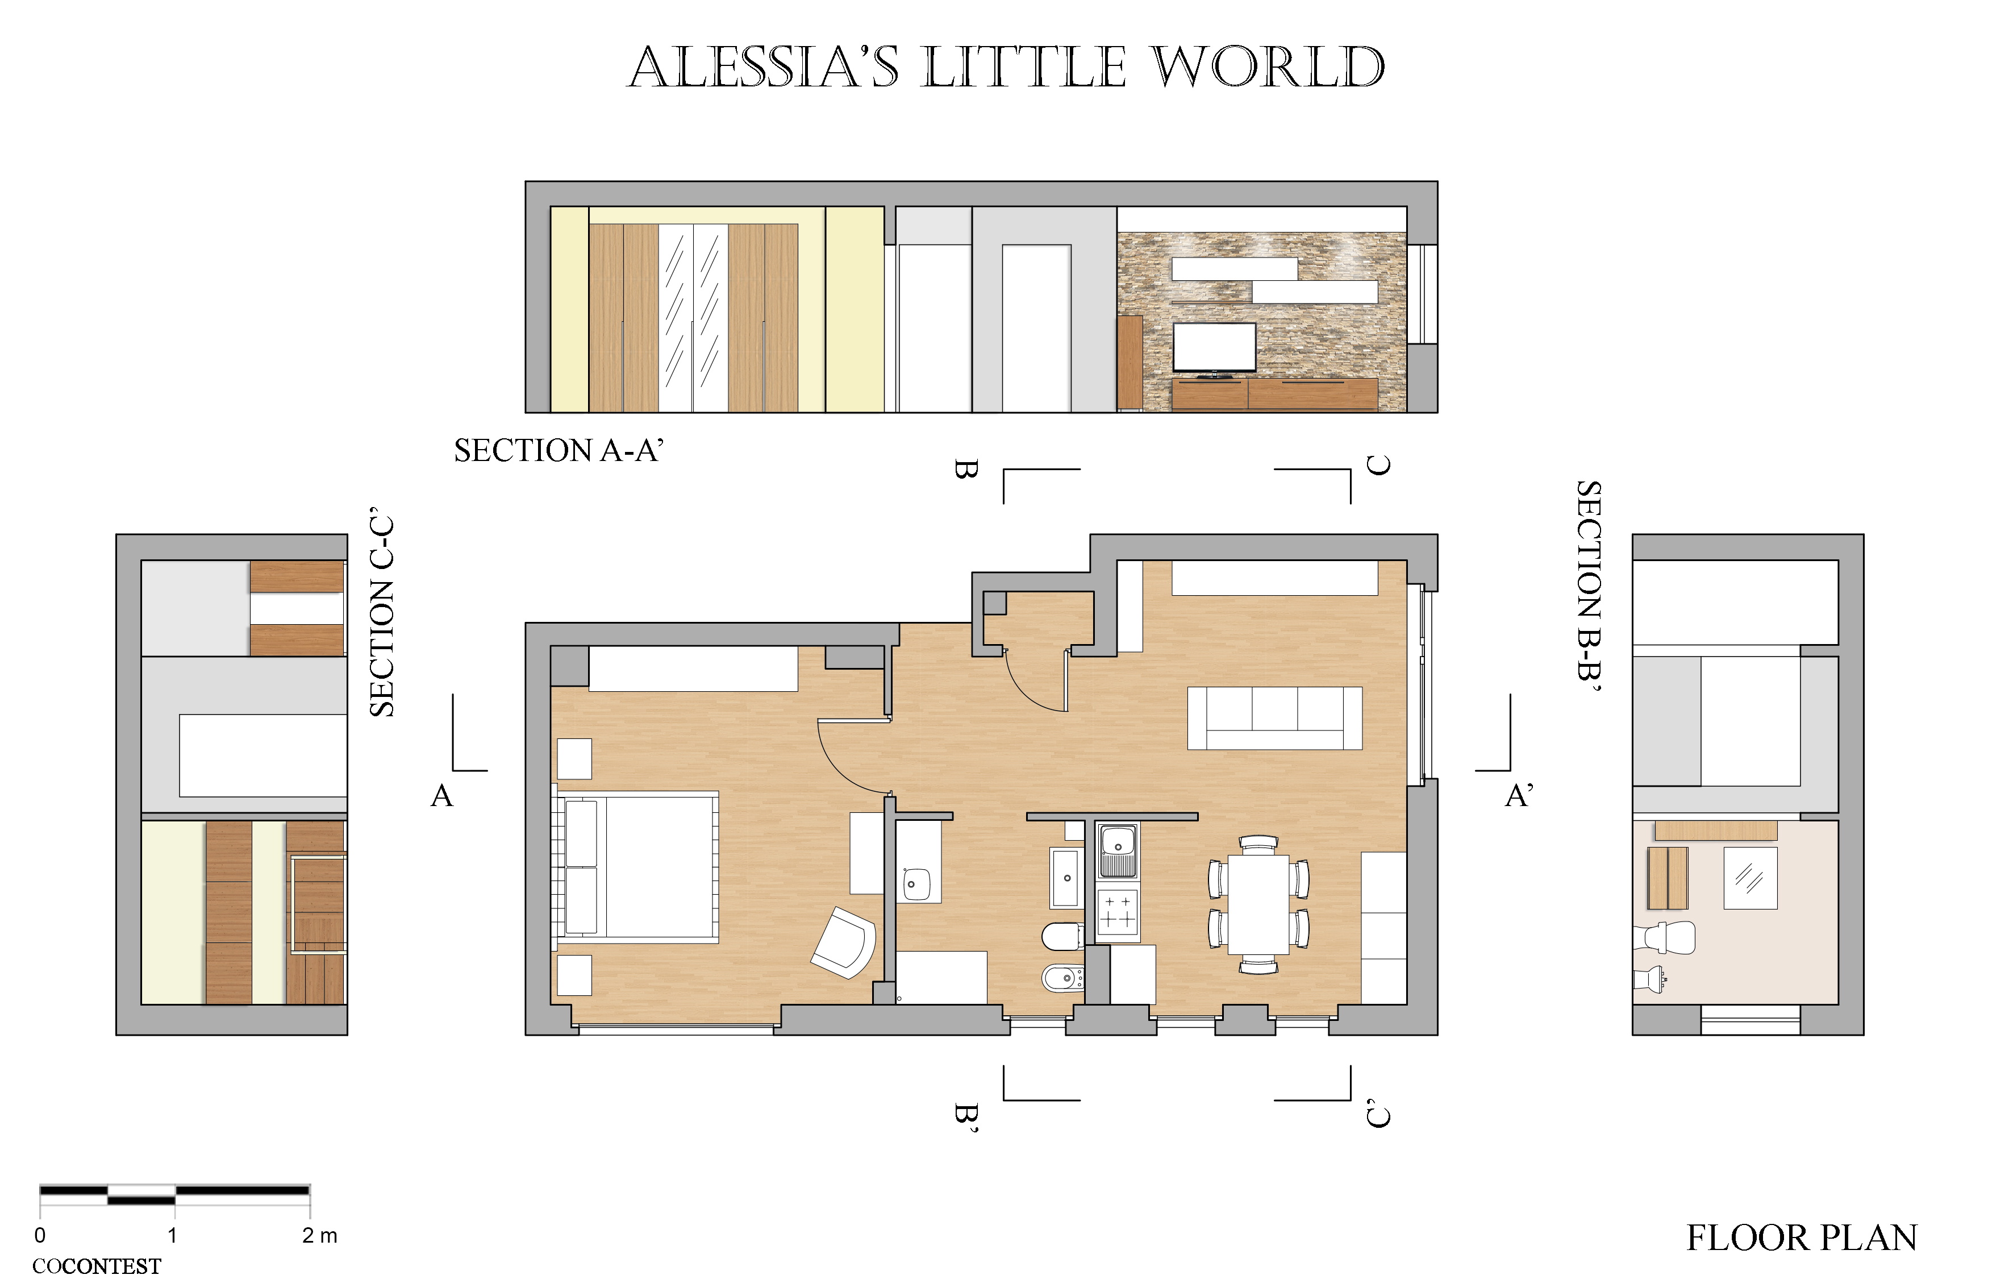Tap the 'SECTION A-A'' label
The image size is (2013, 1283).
coord(559,450)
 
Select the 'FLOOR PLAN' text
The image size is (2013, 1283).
coord(1802,1238)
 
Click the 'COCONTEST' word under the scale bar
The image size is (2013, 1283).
coord(97,1267)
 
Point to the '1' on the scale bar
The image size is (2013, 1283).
coord(172,1235)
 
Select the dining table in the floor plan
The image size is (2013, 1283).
coord(1258,904)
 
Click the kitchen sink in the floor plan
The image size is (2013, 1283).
coord(1118,850)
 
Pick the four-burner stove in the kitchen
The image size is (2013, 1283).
coord(1118,914)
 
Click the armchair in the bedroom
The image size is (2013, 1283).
coord(844,942)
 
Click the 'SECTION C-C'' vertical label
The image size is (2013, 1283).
coord(381,612)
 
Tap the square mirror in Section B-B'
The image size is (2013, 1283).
coord(1751,878)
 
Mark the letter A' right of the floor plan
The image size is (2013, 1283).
coord(1519,795)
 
